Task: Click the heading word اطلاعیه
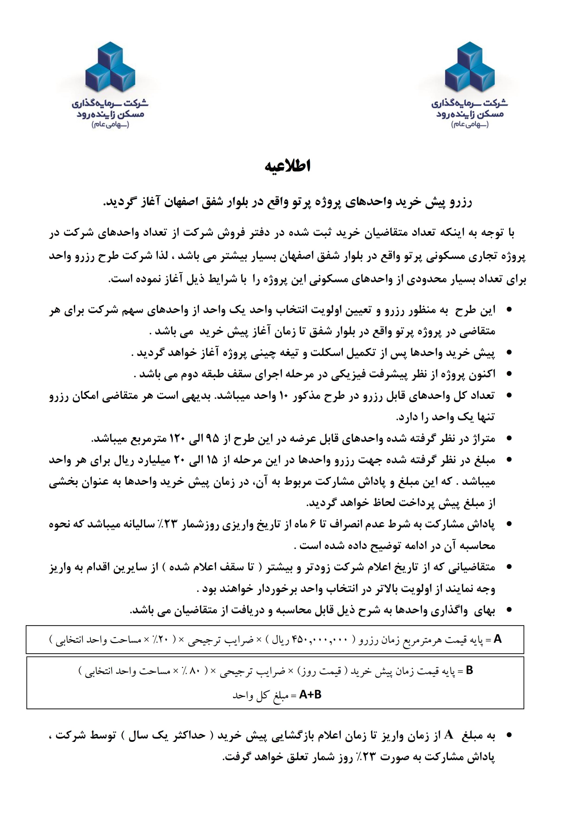[287, 166]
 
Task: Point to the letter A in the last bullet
[449, 735]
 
